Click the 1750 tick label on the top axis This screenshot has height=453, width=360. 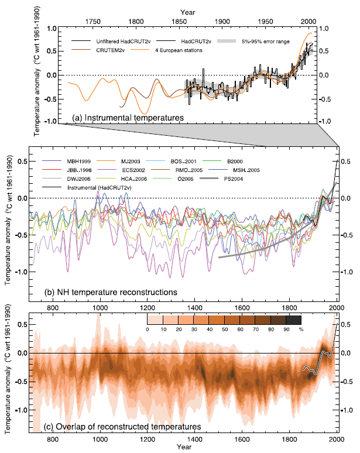pyautogui.click(x=92, y=21)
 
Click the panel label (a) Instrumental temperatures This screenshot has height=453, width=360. pyautogui.click(x=128, y=118)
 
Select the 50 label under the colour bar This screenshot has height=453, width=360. pyautogui.click(x=224, y=330)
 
